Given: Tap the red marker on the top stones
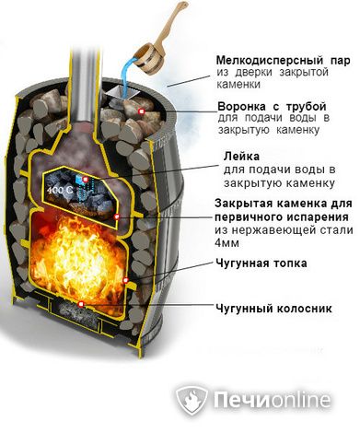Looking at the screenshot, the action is pos(141,111).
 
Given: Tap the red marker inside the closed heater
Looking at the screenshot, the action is pos(87,177).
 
